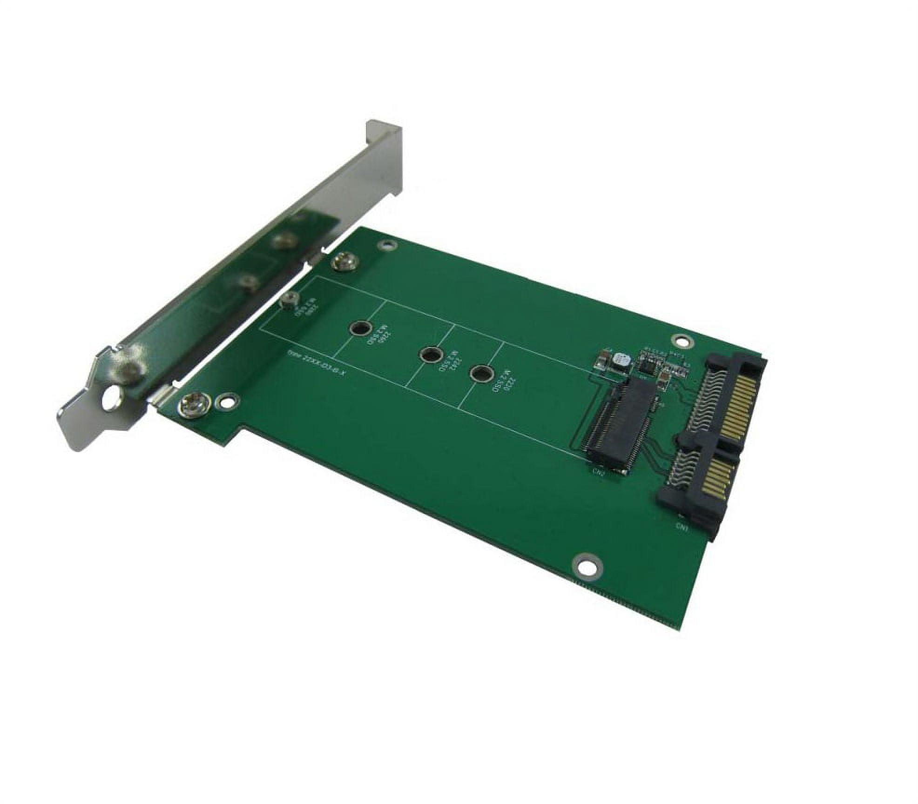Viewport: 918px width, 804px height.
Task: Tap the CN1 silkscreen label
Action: pyautogui.click(x=686, y=525)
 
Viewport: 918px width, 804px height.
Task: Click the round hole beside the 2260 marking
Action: pyautogui.click(x=359, y=329)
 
